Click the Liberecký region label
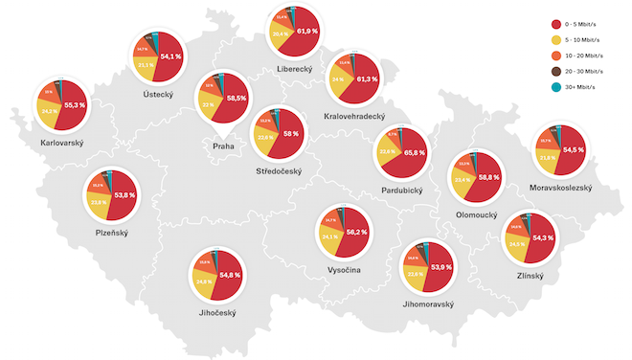pos(294,69)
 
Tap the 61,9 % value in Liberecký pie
pos(306,32)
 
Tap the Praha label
pos(223,146)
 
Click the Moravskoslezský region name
pos(560,188)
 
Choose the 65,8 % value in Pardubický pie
pos(414,152)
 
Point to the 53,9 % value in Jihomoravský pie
pos(441,267)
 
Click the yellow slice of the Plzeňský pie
pos(99,203)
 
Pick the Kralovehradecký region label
pos(354,116)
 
